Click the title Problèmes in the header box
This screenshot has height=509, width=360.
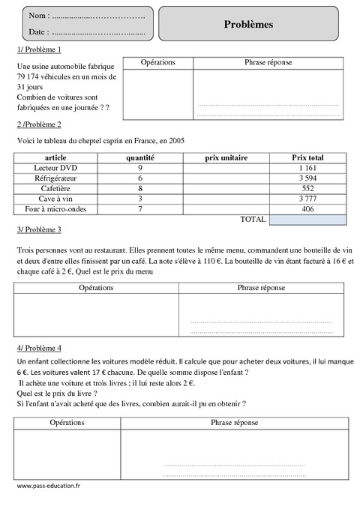point(248,24)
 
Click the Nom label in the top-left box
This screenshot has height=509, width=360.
point(38,15)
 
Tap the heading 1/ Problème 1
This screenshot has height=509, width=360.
point(38,49)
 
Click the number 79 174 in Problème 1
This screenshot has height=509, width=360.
point(31,76)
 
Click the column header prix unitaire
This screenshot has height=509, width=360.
point(225,158)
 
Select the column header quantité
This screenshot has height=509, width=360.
point(140,158)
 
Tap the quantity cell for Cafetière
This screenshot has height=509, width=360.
point(140,189)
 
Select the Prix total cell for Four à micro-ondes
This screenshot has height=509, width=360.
point(307,209)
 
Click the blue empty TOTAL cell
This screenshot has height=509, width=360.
point(307,220)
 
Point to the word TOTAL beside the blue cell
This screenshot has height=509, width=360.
point(252,220)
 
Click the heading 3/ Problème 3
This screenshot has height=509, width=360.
point(38,229)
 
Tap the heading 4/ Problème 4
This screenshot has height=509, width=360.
point(38,349)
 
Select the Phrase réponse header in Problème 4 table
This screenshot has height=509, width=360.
point(235,423)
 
